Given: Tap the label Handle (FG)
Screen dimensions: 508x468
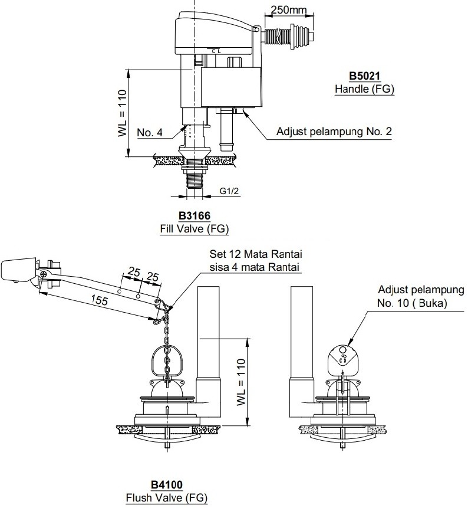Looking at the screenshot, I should [x=364, y=90].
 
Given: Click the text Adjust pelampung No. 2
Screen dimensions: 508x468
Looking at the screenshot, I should [x=334, y=132].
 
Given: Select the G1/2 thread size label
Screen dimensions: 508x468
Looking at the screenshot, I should [x=229, y=191].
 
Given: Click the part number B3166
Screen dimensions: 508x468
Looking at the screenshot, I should [x=195, y=216].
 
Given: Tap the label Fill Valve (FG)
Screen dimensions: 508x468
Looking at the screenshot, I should [x=195, y=229].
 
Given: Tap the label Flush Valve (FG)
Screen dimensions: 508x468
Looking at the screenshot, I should [x=166, y=498].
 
